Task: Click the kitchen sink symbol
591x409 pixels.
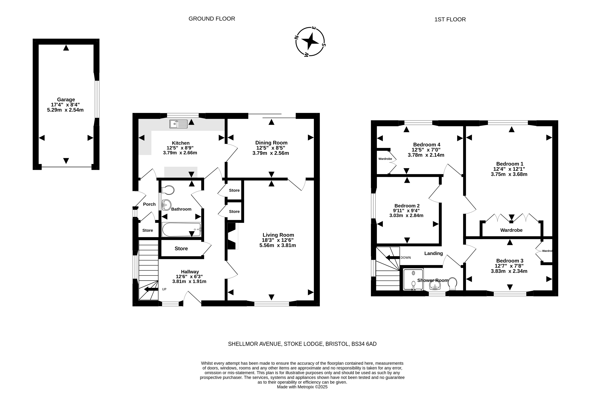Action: [178, 124]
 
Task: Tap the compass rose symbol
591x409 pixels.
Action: [310, 42]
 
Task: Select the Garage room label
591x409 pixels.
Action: [66, 99]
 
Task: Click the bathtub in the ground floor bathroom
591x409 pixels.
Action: [182, 229]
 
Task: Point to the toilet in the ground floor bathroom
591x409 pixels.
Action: [168, 190]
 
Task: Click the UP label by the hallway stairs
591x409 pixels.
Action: [164, 289]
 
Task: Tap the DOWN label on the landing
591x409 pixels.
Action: [406, 258]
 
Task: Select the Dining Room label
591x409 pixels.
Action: [271, 143]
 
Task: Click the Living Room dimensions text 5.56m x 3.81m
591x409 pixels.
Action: [278, 245]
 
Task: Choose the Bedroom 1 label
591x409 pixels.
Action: [510, 164]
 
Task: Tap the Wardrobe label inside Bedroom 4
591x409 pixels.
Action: [385, 159]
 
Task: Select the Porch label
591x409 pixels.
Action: [149, 204]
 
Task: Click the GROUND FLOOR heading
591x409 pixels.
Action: [212, 19]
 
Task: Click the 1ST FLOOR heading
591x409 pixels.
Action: [450, 19]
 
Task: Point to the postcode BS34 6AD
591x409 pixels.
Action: [364, 344]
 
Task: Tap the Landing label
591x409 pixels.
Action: [433, 254]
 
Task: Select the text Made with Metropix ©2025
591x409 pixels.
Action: [302, 387]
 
